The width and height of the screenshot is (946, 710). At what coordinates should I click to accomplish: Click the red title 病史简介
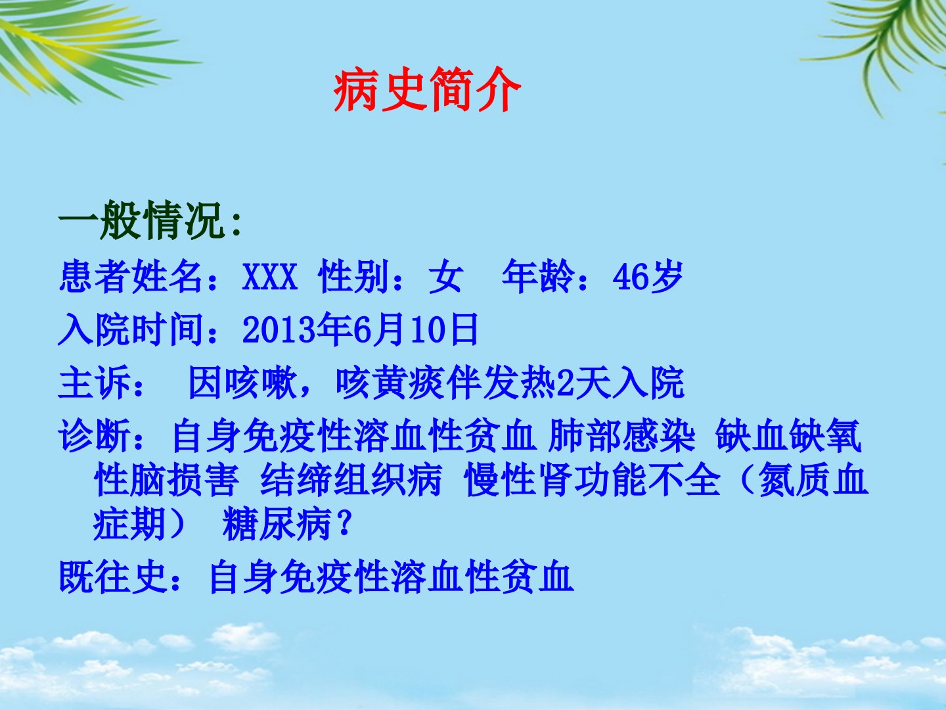click(427, 89)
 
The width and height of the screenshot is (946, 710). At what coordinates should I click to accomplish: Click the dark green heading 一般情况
click(141, 220)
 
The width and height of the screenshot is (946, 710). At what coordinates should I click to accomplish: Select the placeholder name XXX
click(270, 276)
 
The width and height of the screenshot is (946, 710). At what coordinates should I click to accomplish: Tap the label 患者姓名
click(131, 276)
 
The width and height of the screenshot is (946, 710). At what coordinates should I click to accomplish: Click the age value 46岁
click(648, 276)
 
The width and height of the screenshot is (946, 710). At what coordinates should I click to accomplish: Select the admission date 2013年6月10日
click(360, 330)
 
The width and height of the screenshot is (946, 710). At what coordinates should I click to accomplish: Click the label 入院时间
click(131, 330)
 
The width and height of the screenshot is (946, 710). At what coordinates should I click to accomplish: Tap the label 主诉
click(94, 383)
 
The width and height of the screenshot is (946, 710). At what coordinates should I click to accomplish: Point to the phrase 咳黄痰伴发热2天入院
click(510, 383)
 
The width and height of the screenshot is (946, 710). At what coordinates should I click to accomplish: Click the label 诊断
click(94, 435)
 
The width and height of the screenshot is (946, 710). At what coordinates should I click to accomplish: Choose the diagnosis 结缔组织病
click(351, 479)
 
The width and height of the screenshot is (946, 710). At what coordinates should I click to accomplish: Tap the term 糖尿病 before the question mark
click(277, 524)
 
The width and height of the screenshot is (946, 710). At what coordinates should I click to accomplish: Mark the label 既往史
click(112, 577)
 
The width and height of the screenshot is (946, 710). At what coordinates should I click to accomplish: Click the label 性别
click(354, 276)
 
